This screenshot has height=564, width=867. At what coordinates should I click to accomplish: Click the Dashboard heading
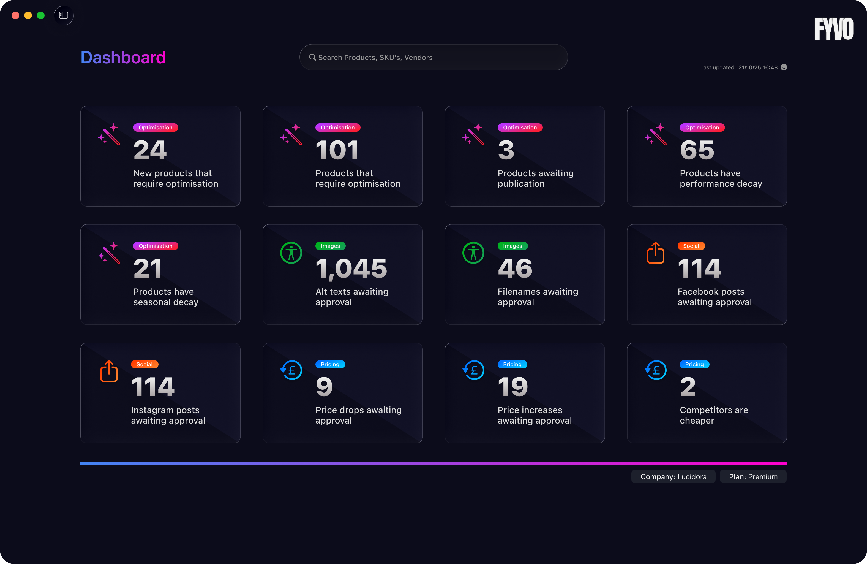[x=123, y=58]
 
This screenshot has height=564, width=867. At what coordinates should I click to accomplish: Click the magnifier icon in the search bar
[x=312, y=57]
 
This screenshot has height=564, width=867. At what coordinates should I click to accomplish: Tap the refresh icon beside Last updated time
[x=784, y=67]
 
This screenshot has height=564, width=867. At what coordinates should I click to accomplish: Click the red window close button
[x=15, y=15]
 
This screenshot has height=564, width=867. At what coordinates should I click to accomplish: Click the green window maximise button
[x=41, y=15]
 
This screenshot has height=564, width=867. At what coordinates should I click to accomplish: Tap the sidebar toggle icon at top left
[x=64, y=15]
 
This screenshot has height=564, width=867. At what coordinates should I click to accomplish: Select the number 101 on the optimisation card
[x=337, y=150]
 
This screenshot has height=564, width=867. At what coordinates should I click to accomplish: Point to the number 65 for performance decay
[x=697, y=150]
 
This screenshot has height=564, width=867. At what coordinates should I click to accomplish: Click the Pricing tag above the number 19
[x=512, y=364]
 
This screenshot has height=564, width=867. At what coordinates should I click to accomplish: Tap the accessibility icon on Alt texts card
[x=291, y=253]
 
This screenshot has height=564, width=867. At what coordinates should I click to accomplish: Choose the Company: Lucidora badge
[x=673, y=476]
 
